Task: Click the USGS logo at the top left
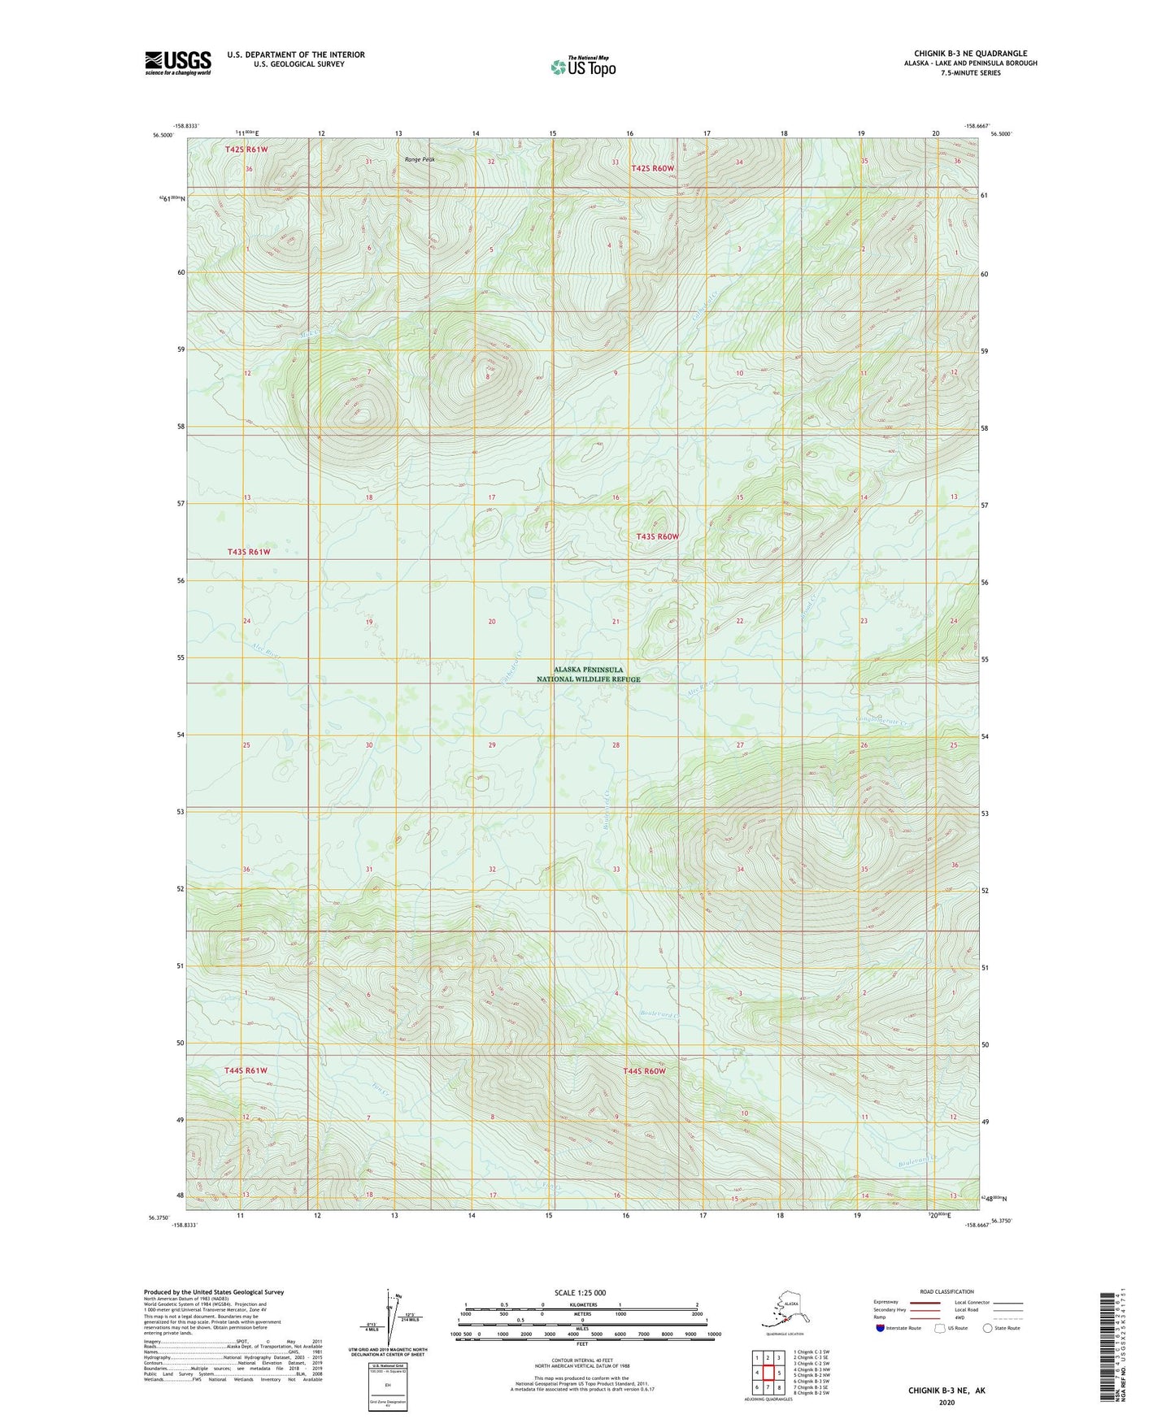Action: pos(178,63)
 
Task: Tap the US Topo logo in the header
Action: pos(583,66)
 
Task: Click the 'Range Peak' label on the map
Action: pos(420,159)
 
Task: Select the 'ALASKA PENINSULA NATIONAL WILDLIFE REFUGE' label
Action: pos(588,675)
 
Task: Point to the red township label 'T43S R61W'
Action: pos(249,552)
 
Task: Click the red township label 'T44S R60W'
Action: pos(644,1071)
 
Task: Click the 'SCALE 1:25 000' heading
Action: pos(580,1293)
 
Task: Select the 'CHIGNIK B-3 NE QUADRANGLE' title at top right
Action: pos(970,54)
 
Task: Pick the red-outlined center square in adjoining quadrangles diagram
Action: pos(768,1373)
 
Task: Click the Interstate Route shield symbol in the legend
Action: pos(881,1328)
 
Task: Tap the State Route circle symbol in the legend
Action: pos(988,1328)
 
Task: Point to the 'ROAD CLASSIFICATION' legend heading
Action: pos(947,1291)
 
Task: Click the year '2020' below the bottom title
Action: pos(947,1403)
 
